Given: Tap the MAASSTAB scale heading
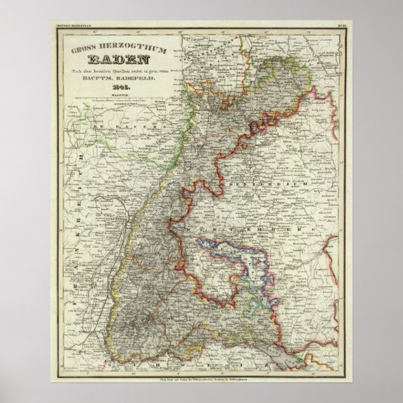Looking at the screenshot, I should tap(113, 94).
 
